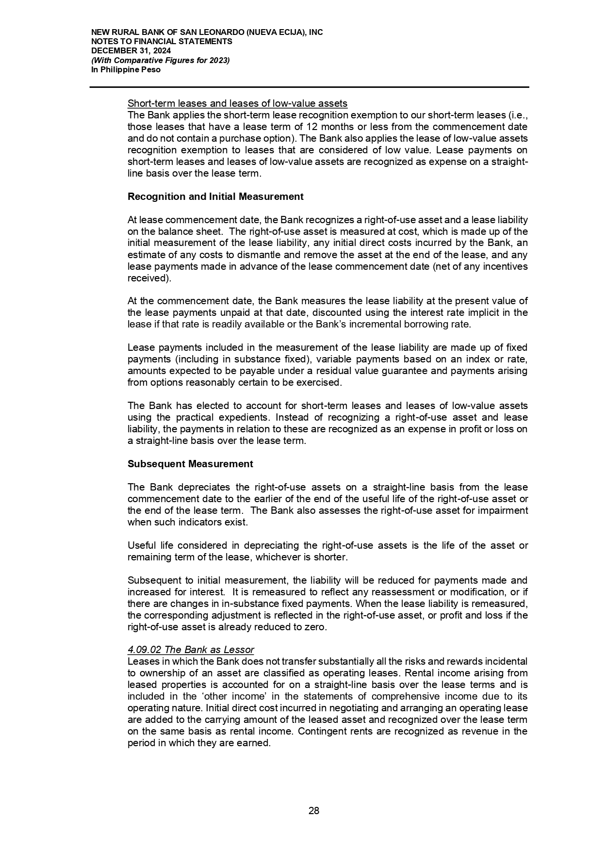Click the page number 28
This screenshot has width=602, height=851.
314,811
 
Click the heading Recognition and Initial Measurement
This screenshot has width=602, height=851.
215,196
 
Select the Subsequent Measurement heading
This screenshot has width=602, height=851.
190,464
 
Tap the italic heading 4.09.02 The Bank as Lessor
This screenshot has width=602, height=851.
191,650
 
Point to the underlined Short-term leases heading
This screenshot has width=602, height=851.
237,103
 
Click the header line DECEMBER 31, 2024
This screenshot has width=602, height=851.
131,51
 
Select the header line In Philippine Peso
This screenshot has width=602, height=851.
126,70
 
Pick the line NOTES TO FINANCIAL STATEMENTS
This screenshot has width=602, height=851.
162,42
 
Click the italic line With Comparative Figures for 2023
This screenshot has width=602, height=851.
161,60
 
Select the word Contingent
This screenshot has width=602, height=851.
321,731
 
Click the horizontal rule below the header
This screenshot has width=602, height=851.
309,87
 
